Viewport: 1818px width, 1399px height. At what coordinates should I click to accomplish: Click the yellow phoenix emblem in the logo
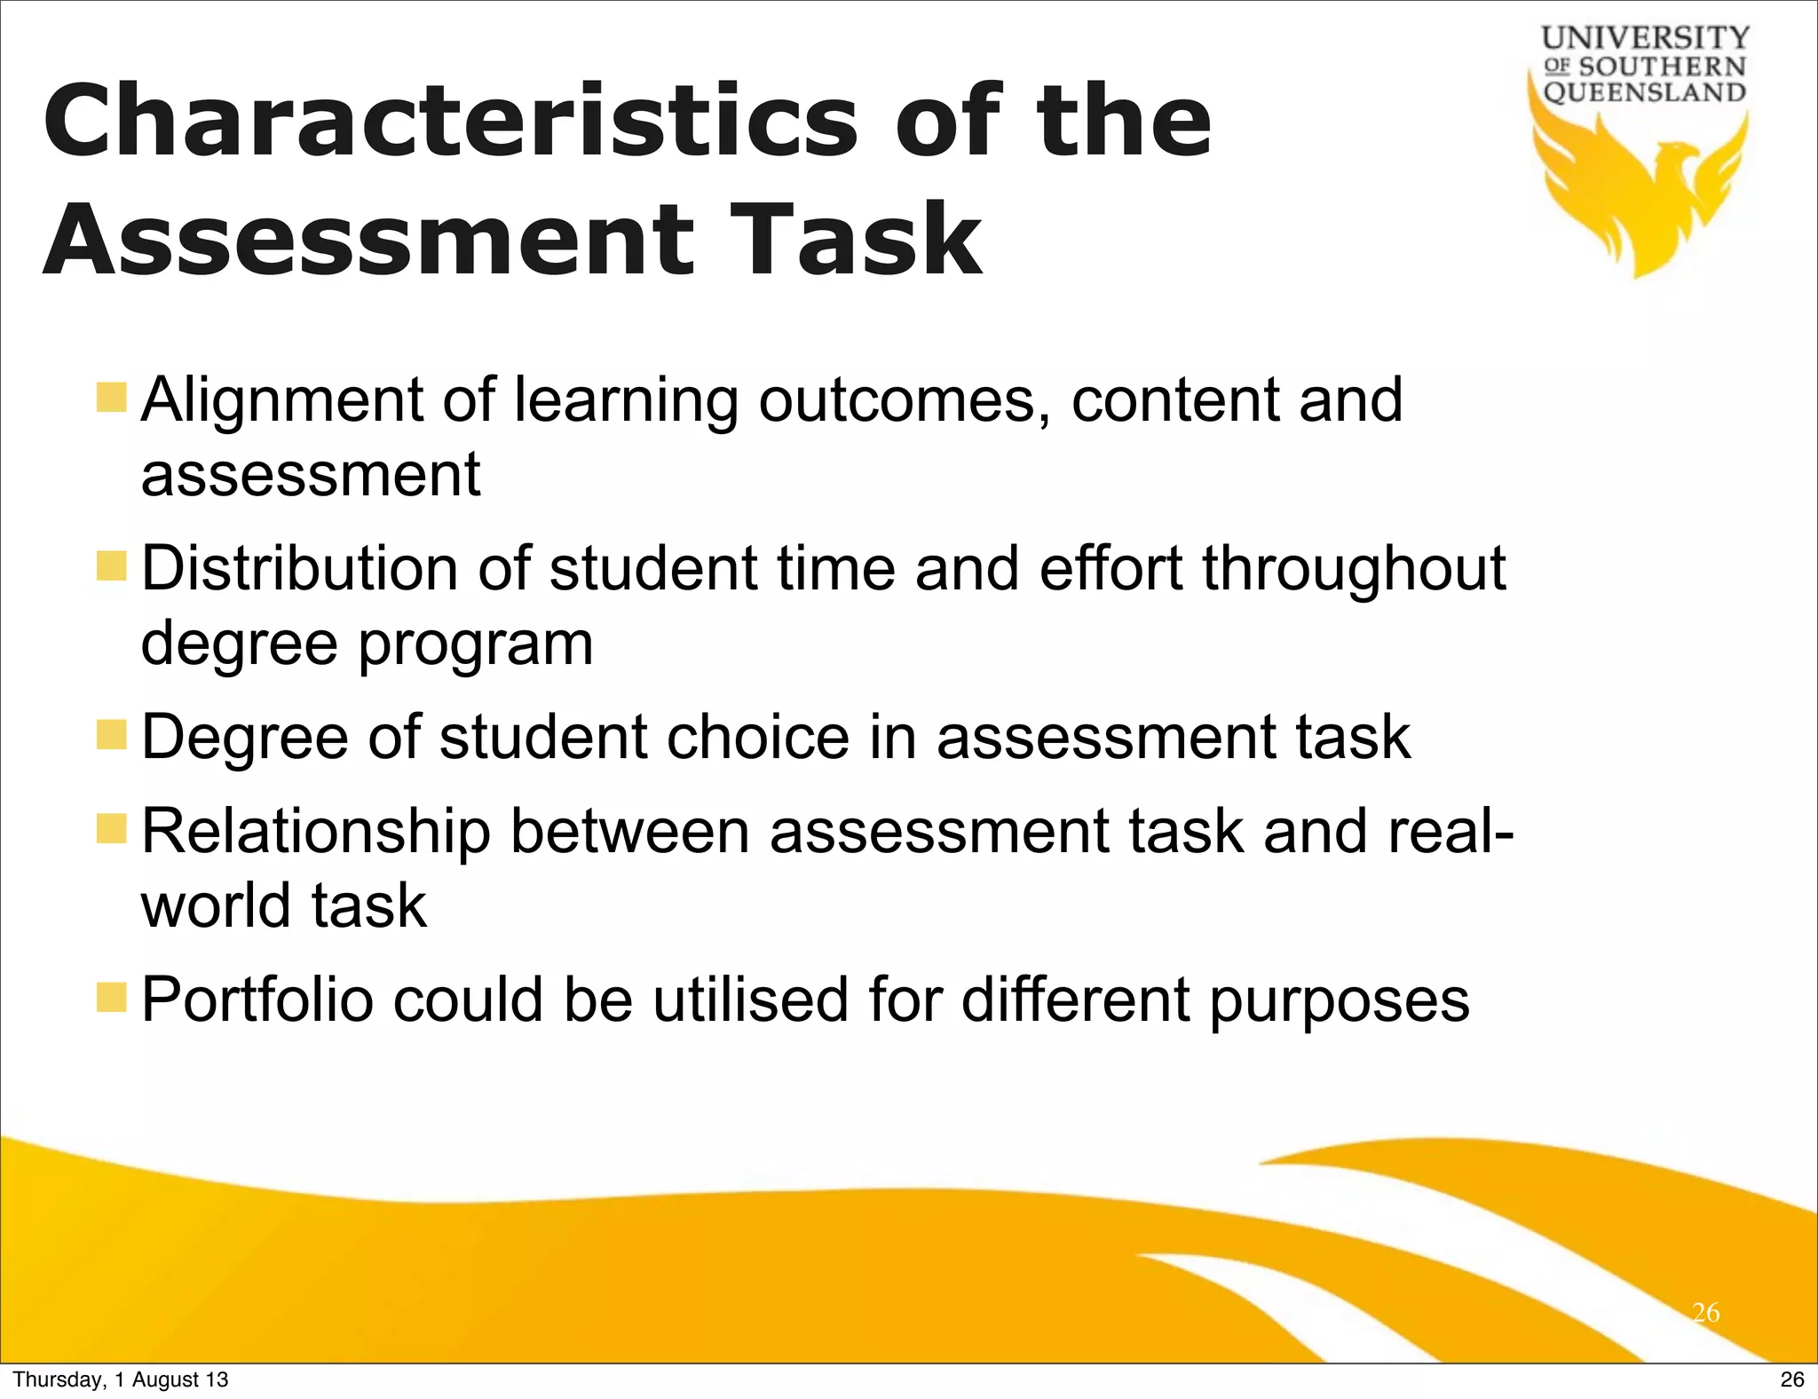coord(1642,195)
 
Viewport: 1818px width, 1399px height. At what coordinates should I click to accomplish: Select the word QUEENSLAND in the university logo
coord(1645,92)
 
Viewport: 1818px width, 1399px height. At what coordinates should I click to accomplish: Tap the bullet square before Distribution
coord(113,565)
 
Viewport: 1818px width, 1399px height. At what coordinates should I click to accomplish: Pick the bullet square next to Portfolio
coord(113,997)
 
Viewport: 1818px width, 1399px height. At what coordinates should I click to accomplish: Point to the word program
coord(476,644)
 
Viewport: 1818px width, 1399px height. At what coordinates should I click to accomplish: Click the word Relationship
coord(316,832)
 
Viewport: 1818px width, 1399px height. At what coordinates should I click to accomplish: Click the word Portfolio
coord(257,1000)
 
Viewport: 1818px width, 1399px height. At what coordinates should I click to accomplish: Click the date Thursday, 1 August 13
coord(121,1379)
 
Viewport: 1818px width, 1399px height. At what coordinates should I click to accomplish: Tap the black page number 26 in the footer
coord(1792,1379)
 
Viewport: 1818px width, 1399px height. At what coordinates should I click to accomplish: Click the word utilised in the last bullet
coord(751,1000)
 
